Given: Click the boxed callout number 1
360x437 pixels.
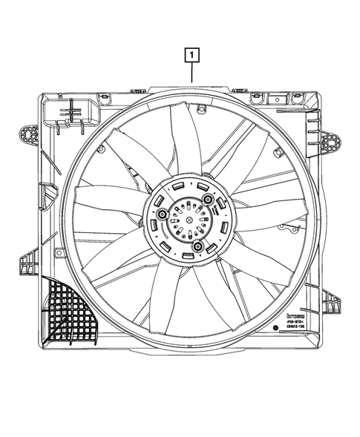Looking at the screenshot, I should [192, 54].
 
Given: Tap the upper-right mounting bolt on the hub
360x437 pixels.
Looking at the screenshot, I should [209, 201].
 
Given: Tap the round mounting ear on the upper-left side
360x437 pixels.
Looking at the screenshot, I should [28, 135].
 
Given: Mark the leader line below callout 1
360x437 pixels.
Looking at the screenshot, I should [192, 73].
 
